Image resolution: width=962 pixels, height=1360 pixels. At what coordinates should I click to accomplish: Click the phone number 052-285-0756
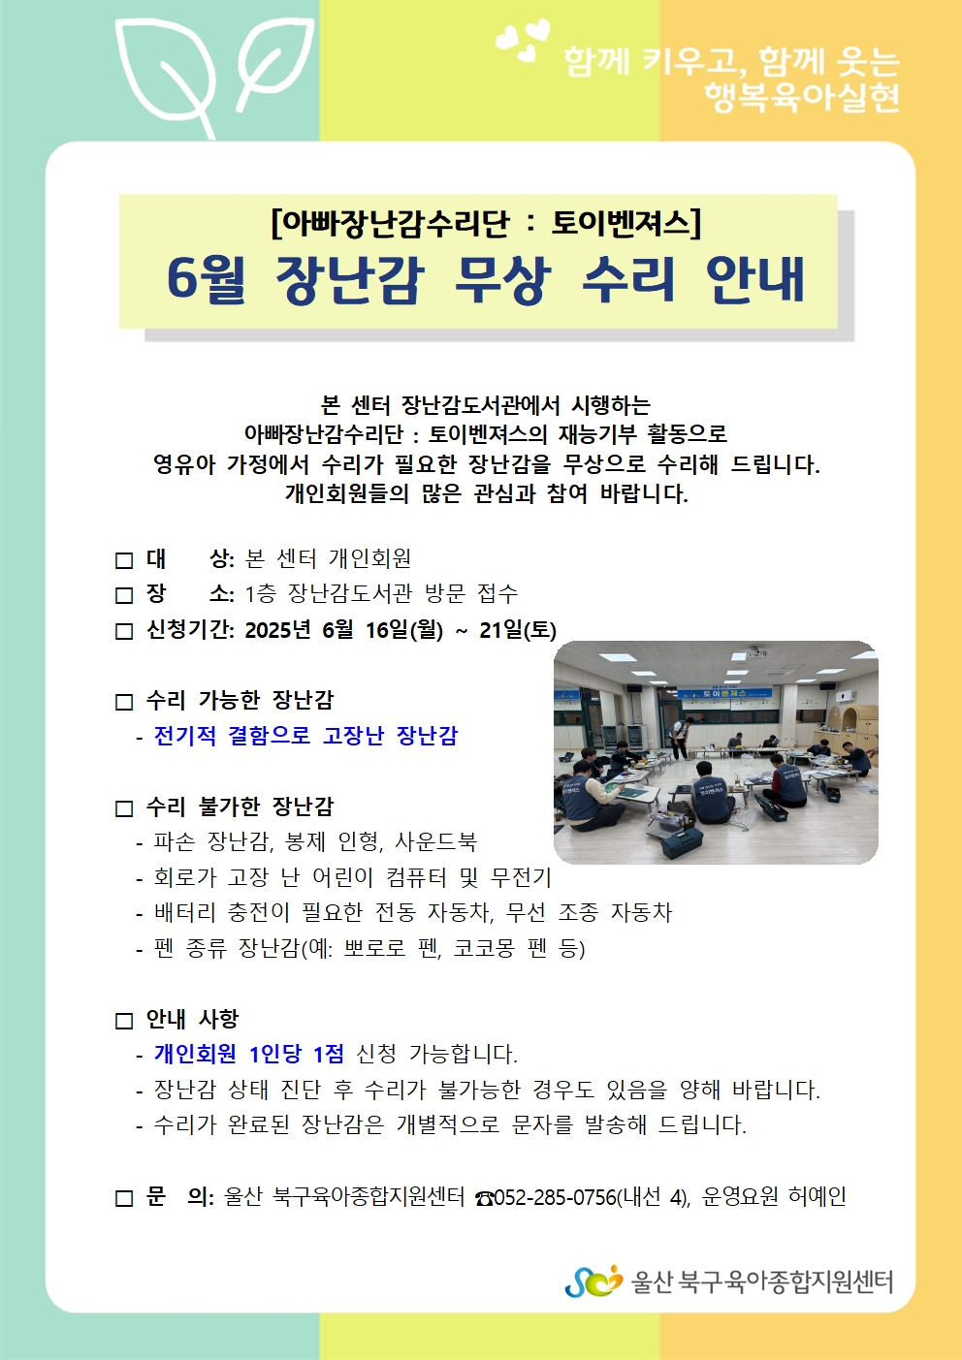point(556,1197)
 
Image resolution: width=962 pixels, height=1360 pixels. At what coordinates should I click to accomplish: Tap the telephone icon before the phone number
point(485,1198)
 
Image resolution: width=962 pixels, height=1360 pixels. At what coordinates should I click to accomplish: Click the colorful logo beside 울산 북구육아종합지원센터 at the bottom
point(593,1281)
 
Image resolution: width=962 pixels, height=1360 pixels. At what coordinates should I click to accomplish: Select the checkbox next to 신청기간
point(124,631)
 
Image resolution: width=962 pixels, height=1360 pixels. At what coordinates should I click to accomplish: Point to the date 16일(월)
point(404,630)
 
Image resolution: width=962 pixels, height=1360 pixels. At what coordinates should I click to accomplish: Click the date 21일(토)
point(518,630)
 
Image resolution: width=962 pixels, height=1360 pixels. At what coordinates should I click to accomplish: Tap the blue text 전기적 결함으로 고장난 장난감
point(306,735)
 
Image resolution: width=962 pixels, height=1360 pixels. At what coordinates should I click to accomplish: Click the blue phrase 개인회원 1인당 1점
point(249,1054)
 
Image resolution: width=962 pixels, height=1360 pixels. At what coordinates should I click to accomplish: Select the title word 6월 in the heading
point(207,280)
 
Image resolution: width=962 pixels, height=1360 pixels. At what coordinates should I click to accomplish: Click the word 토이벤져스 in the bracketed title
point(621,223)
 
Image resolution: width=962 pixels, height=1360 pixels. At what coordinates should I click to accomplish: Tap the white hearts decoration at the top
point(523,40)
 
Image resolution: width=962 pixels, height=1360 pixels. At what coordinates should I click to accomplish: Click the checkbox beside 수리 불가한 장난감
point(124,808)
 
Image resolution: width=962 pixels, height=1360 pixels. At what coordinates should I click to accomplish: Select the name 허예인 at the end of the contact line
point(817,1197)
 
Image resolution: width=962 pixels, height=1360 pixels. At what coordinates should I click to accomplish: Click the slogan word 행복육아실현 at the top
point(802,97)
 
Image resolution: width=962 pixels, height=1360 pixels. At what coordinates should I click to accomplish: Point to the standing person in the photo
point(683,737)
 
